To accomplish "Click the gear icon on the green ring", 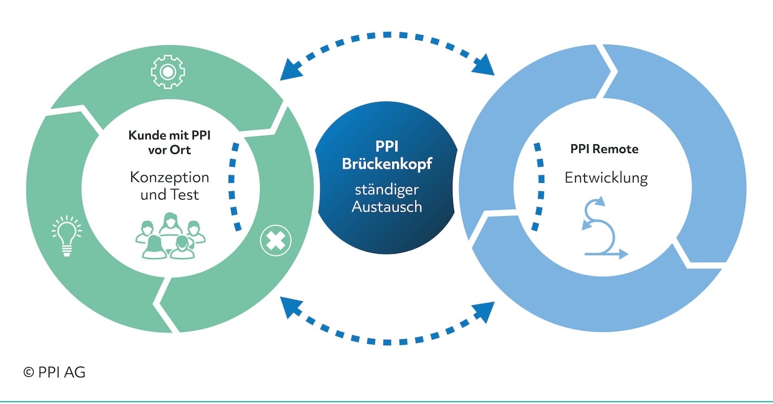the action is coord(168,72).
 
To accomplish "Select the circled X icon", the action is coord(275,240).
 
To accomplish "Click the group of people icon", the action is coord(170,236).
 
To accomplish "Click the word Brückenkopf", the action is coord(387,164).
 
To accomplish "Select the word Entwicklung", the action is coord(606,178).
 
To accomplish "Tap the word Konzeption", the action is coord(169,178).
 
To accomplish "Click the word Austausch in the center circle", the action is coord(387,206).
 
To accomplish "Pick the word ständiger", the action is coord(387,190).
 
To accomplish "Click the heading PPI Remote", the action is coord(604,149).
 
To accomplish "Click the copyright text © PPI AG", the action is coord(54,372).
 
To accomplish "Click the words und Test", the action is coord(169,195).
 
